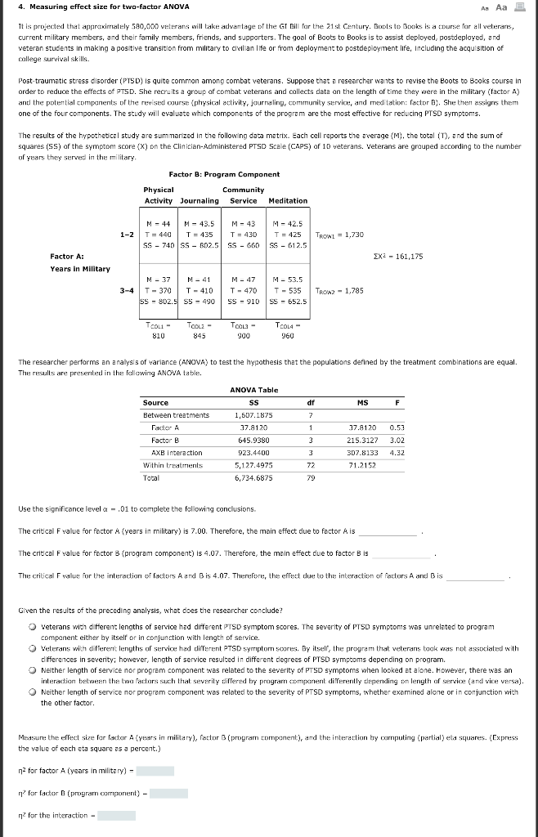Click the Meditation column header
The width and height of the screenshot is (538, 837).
pyautogui.click(x=287, y=200)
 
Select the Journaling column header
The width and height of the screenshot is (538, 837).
pyautogui.click(x=200, y=200)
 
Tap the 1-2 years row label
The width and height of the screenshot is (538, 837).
pyautogui.click(x=126, y=234)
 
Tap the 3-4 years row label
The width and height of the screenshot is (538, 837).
pyautogui.click(x=126, y=289)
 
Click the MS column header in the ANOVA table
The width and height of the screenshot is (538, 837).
pyautogui.click(x=362, y=402)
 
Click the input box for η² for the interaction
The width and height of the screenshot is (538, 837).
pyautogui.click(x=116, y=814)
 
